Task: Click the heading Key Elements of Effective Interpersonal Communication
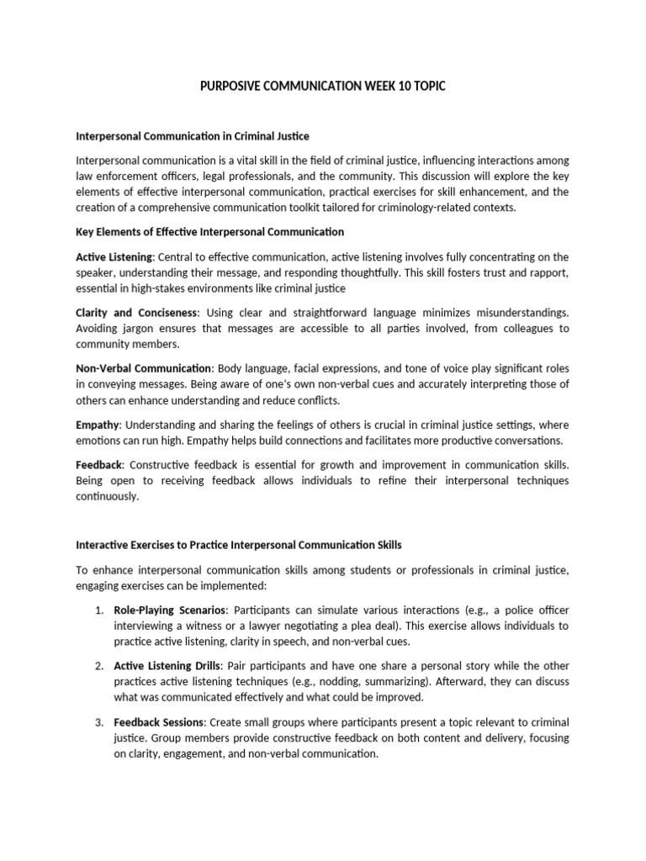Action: pyautogui.click(x=209, y=231)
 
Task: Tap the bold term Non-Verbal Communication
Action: pyautogui.click(x=143, y=367)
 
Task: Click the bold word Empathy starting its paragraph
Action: pyautogui.click(x=98, y=424)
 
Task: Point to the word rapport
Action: pyautogui.click(x=548, y=272)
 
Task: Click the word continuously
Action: pyautogui.click(x=107, y=496)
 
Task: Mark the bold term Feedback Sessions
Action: pyautogui.click(x=159, y=721)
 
